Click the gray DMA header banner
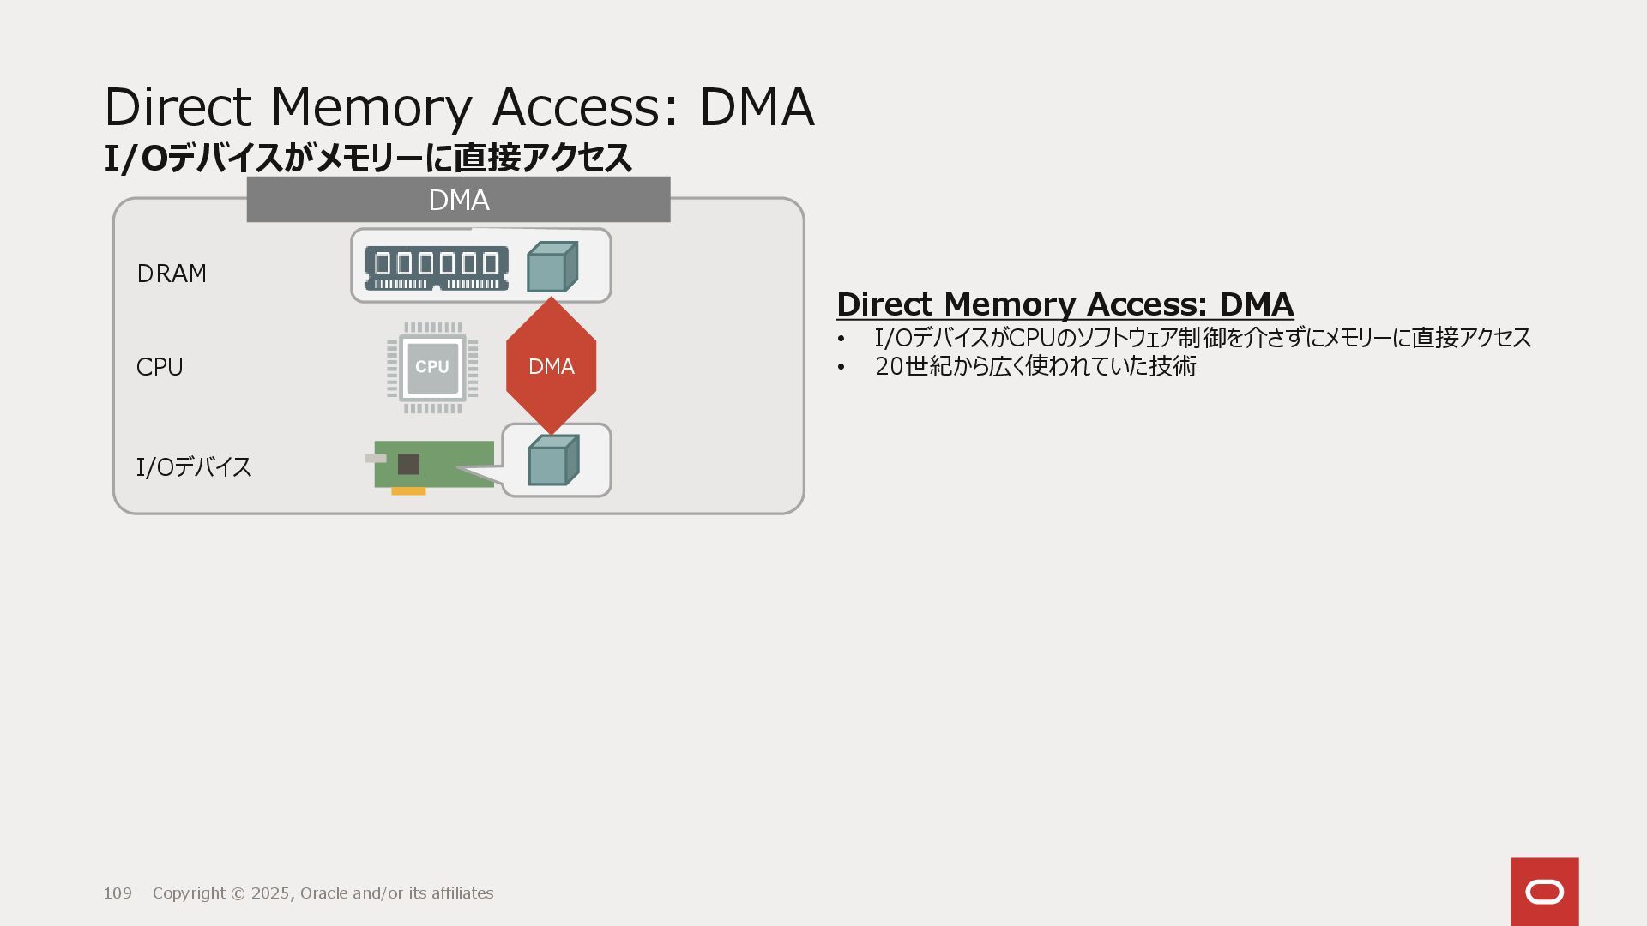coord(458,200)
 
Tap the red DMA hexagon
coord(552,366)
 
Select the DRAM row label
coord(172,274)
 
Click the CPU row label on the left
coord(160,367)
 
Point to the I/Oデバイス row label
coord(194,466)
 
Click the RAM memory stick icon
coord(436,268)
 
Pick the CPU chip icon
coord(432,368)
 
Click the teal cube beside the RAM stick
coord(552,267)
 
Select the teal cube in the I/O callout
coord(553,460)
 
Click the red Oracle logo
coord(1544,892)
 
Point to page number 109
coord(118,893)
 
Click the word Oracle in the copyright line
coord(323,893)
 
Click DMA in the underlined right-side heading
coord(1256,304)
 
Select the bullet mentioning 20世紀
coord(1035,366)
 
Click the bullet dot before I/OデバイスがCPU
coord(842,339)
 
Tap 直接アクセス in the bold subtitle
coord(543,158)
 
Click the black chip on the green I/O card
coord(408,464)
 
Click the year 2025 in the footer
coord(270,893)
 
